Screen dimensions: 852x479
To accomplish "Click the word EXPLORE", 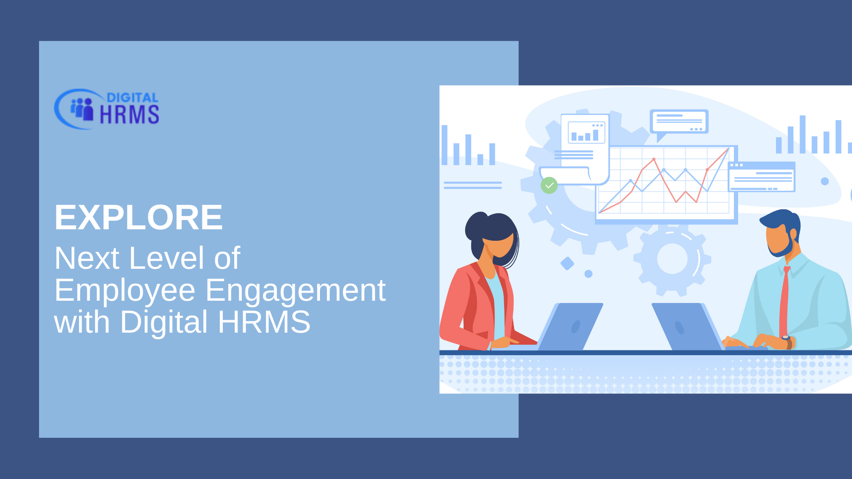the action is click(138, 217).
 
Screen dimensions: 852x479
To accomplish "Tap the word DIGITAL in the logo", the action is click(133, 98).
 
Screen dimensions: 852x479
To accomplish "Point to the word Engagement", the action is click(296, 291).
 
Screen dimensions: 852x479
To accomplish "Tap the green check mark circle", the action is click(549, 185).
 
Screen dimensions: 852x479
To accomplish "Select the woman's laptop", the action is click(570, 326).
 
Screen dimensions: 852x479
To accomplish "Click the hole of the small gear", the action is click(672, 259).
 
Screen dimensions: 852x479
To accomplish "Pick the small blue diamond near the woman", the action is click(567, 263).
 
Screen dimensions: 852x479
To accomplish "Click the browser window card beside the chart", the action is click(761, 177).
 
